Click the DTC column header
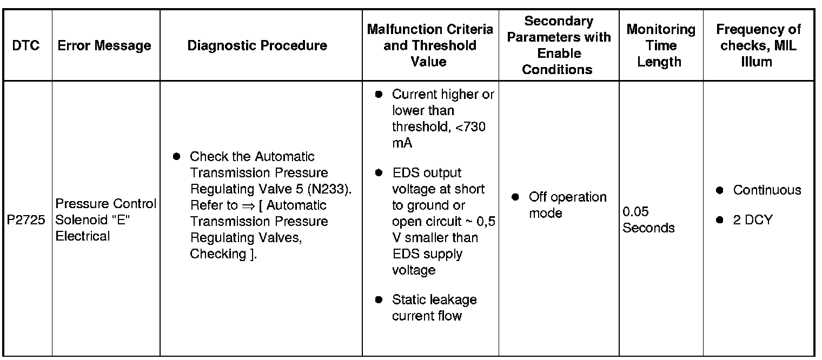(x=26, y=45)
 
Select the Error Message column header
(x=104, y=45)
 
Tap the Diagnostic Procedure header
(x=257, y=45)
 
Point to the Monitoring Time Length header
(x=660, y=45)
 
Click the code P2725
(x=26, y=222)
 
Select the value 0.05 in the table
(x=635, y=211)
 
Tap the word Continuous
(x=767, y=190)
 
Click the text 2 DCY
(x=753, y=220)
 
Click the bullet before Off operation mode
(x=515, y=197)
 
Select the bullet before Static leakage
(x=379, y=299)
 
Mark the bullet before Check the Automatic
(x=176, y=157)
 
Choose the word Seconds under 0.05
(x=648, y=228)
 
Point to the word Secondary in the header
(x=559, y=22)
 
